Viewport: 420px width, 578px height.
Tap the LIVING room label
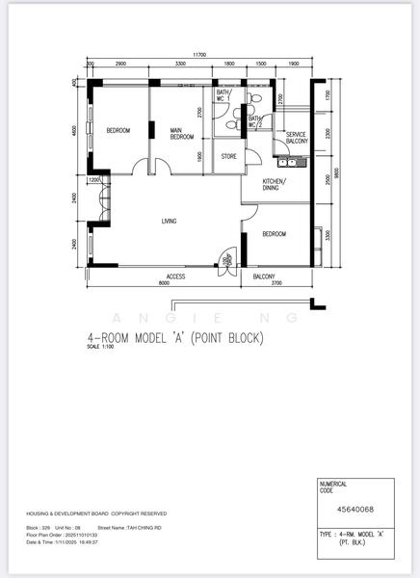[x=169, y=222]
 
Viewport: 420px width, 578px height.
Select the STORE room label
[x=228, y=155]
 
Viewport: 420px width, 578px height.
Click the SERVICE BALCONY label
[x=296, y=138]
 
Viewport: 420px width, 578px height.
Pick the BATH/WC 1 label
[x=223, y=94]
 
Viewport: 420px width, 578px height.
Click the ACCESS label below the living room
[x=175, y=276]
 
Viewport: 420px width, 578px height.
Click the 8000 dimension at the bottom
[x=163, y=284]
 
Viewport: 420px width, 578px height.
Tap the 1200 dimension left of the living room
[x=94, y=180]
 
